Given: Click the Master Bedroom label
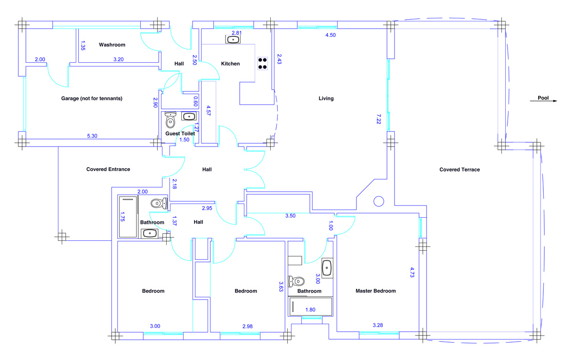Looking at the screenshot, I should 375,291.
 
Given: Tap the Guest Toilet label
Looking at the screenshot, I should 180,134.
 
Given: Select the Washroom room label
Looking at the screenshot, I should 112,45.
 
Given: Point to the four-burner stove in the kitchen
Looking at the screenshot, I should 263,63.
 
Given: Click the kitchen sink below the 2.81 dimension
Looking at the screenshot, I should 233,40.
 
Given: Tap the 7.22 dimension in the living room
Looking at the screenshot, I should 379,118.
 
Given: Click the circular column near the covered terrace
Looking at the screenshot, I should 379,201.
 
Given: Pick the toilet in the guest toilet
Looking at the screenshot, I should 170,122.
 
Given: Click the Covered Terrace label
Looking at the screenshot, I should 460,170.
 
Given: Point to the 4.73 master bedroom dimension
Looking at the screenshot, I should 412,273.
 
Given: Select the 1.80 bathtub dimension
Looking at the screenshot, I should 310,310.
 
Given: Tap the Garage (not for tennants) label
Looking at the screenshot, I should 91,98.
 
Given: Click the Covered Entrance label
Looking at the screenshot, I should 108,169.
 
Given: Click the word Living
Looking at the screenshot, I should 326,98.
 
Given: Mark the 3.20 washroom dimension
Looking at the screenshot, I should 118,60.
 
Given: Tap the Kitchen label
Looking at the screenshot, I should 230,64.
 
